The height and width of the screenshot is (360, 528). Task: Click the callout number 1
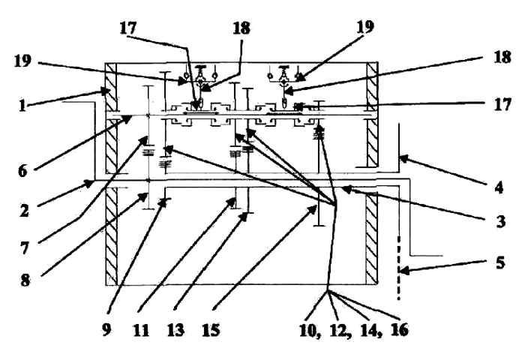point(22,106)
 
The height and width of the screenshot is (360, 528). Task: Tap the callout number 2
point(24,211)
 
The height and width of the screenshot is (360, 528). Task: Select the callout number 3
point(501,222)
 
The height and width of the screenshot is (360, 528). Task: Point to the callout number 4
point(499,187)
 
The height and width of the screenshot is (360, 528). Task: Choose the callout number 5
point(500,262)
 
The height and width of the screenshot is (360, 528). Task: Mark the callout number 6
point(22,171)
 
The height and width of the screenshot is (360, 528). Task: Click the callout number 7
point(24,249)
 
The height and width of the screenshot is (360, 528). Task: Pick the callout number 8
point(25,280)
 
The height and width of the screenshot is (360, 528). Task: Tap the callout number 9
point(106,329)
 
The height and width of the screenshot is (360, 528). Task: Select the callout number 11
point(141,330)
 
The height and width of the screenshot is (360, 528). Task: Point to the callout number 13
point(175,330)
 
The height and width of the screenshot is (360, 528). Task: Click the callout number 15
point(211,330)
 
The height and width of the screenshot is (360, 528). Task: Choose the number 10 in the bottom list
point(308,330)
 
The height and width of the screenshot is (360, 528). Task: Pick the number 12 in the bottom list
point(339,330)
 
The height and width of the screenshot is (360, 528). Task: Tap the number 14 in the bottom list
point(370,330)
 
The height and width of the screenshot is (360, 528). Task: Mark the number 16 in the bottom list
point(400,330)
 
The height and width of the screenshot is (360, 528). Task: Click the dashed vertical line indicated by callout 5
point(399,268)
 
